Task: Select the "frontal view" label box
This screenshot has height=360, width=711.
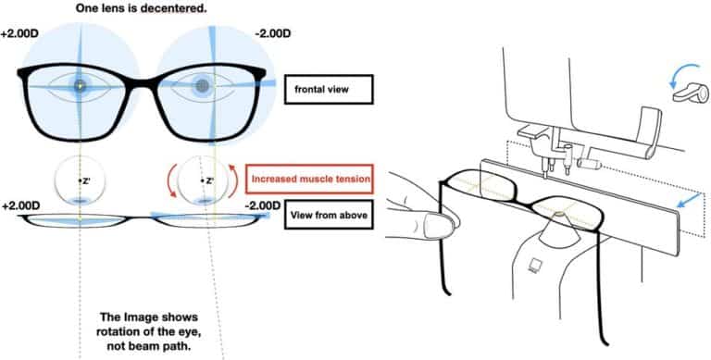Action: [328, 89]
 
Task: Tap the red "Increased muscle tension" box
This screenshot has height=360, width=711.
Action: [309, 175]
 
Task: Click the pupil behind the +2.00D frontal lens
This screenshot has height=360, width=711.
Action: [81, 86]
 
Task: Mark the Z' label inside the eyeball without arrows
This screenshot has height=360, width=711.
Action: [81, 180]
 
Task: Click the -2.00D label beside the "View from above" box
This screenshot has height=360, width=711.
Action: [262, 204]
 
